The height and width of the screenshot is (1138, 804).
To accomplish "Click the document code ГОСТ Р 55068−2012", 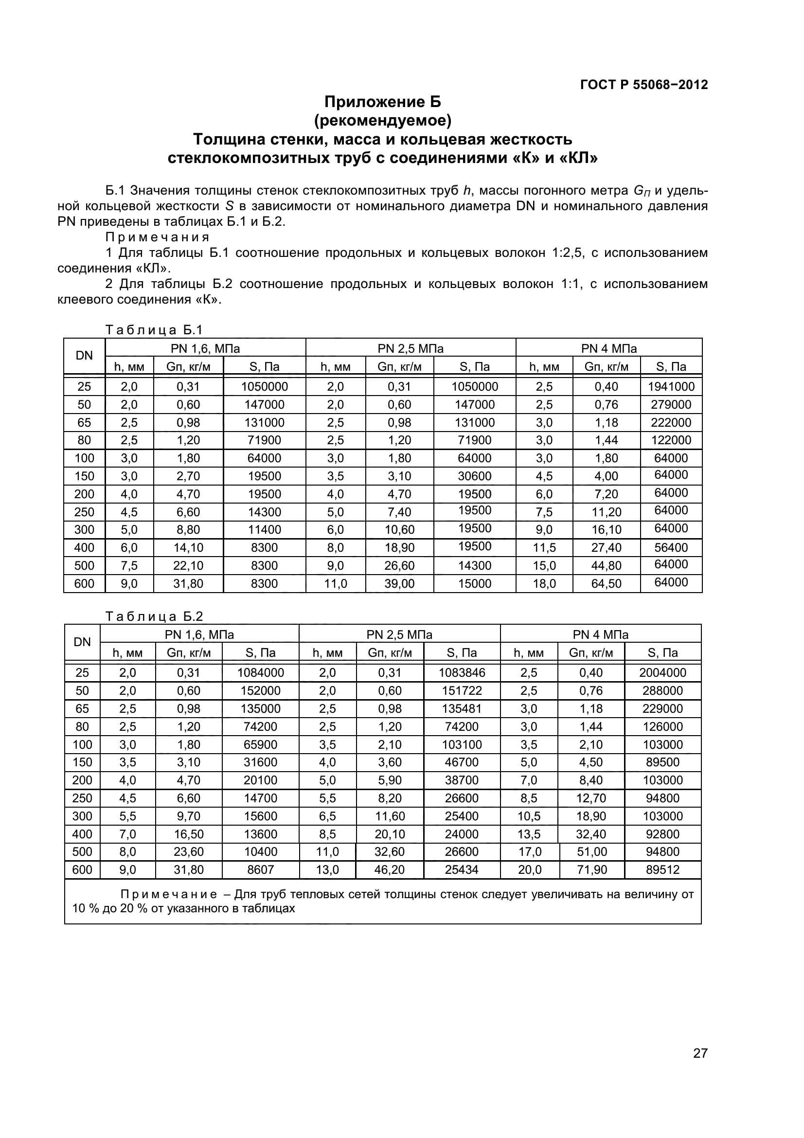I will pos(644,85).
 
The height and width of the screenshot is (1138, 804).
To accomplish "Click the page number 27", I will pos(700,1066).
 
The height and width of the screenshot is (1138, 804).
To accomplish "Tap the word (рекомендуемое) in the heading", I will pos(382,121).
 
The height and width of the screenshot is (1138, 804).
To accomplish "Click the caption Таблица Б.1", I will pos(154,329).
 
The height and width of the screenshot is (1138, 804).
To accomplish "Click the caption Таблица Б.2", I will pos(154,616).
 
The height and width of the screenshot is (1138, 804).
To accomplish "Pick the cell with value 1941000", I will pos(671,387).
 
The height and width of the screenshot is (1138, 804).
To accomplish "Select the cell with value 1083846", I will pos(462,672).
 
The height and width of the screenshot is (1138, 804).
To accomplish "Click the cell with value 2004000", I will pos(662,672).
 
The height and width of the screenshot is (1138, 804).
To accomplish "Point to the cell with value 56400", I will pos(671,547).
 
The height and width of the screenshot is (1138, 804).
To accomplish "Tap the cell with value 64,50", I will pos(606,583).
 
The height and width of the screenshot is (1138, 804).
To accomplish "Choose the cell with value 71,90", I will pos(591,869).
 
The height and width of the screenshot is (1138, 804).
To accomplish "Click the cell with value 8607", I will pos(261,869).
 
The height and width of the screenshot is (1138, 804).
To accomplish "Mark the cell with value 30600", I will pos(475,476).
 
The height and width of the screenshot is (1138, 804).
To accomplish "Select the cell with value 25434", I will pos(462,869).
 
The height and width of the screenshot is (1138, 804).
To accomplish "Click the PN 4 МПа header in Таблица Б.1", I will pos(608,348).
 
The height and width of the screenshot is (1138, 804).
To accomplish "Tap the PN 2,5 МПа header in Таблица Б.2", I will pos(399,634).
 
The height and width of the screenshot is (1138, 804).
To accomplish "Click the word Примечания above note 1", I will pos(158,237).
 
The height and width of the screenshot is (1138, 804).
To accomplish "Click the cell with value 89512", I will pos(662,869).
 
